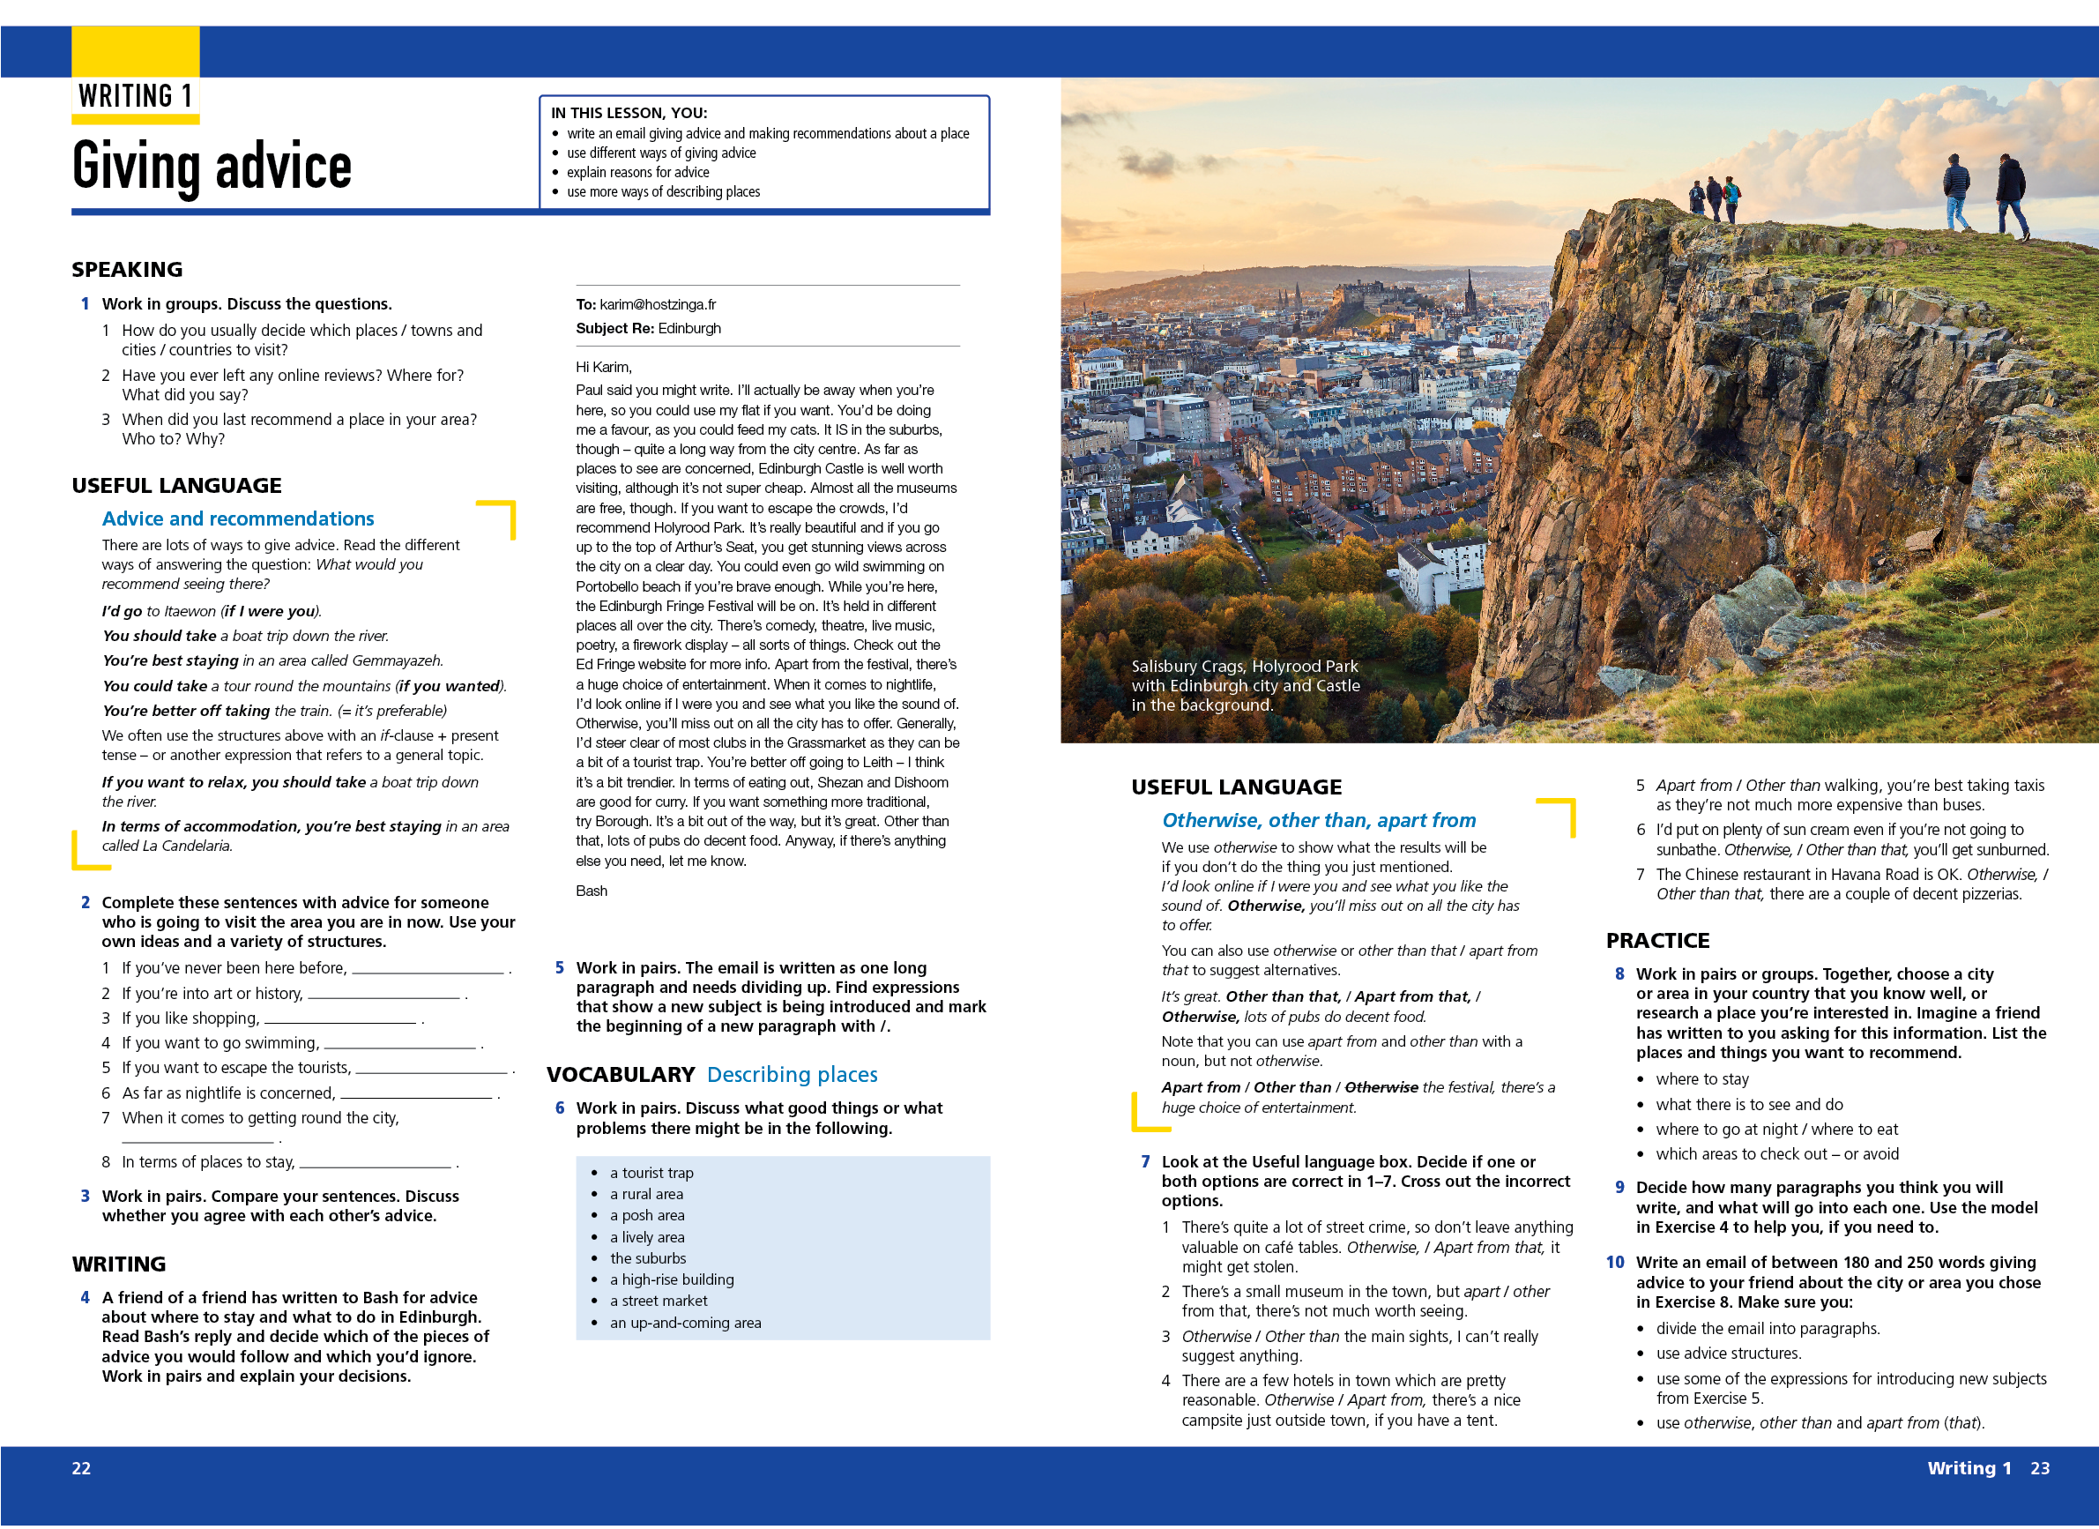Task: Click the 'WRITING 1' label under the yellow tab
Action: pyautogui.click(x=135, y=96)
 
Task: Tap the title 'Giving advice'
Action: pyautogui.click(x=212, y=167)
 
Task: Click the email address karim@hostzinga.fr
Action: pyautogui.click(x=657, y=304)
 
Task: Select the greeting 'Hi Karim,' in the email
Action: pyautogui.click(x=603, y=367)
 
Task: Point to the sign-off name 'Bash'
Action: pyautogui.click(x=592, y=891)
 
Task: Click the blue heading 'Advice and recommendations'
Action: pyautogui.click(x=238, y=518)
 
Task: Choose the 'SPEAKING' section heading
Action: pyautogui.click(x=127, y=269)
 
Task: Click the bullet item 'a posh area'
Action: pyautogui.click(x=647, y=1215)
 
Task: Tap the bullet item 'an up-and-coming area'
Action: pyautogui.click(x=685, y=1323)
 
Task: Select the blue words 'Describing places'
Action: pyautogui.click(x=793, y=1075)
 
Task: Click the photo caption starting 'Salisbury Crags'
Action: pyautogui.click(x=1245, y=685)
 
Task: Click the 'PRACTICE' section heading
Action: pyautogui.click(x=1657, y=940)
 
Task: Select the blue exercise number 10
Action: pyautogui.click(x=1615, y=1263)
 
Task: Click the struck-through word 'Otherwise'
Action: pyautogui.click(x=1381, y=1087)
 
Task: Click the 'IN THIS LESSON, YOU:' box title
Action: pyautogui.click(x=629, y=113)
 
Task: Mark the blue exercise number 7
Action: pyautogui.click(x=1145, y=1161)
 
